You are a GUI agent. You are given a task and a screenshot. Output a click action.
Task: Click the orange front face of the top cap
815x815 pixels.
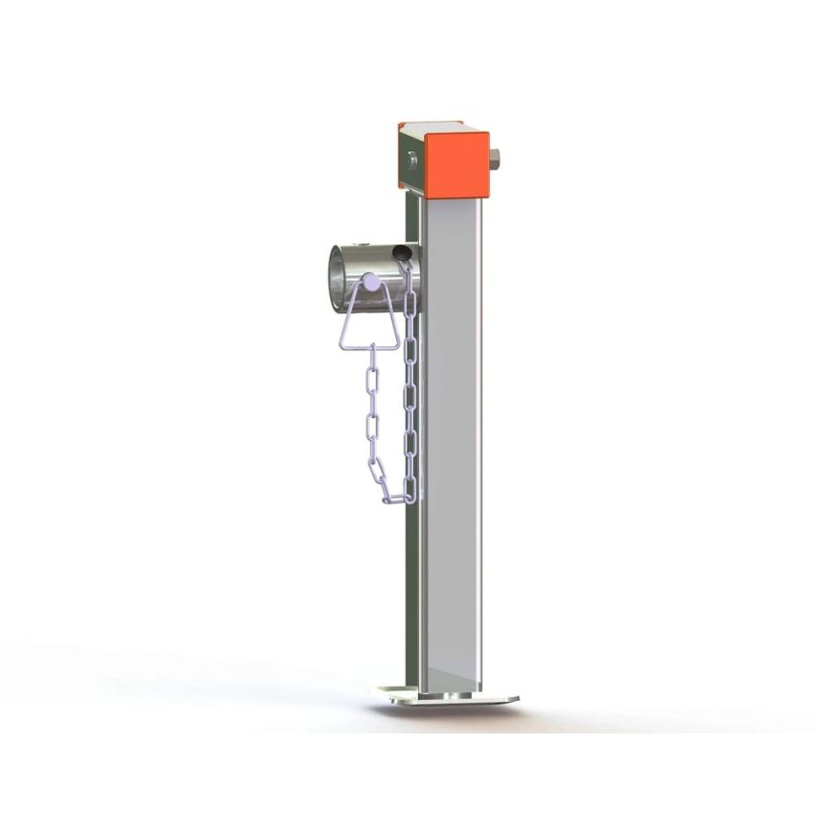pos(457,165)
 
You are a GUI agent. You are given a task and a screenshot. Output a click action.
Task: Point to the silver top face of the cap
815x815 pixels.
pos(431,126)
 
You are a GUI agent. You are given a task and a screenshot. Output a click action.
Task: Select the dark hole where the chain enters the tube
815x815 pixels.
pos(403,254)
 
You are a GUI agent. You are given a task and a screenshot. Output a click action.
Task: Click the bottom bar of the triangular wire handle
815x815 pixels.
pos(368,346)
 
